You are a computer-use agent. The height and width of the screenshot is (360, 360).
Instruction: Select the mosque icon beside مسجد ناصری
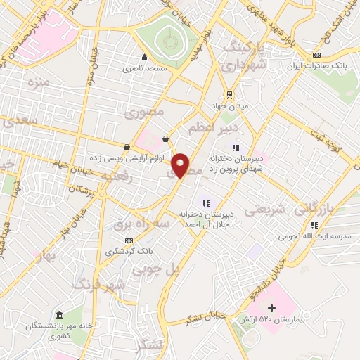point(144,58)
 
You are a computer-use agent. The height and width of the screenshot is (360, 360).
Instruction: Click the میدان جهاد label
point(229,107)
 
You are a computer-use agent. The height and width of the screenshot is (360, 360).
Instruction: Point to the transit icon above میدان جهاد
point(229,95)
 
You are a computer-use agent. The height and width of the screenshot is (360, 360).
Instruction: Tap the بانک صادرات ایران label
point(316,67)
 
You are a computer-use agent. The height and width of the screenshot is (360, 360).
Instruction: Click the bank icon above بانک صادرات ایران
point(316,56)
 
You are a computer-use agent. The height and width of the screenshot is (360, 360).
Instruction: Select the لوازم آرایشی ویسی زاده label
point(126,159)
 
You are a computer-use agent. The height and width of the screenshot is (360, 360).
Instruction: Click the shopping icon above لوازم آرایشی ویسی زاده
point(127,148)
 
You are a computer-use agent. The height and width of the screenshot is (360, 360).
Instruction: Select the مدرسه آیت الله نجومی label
point(314,237)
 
